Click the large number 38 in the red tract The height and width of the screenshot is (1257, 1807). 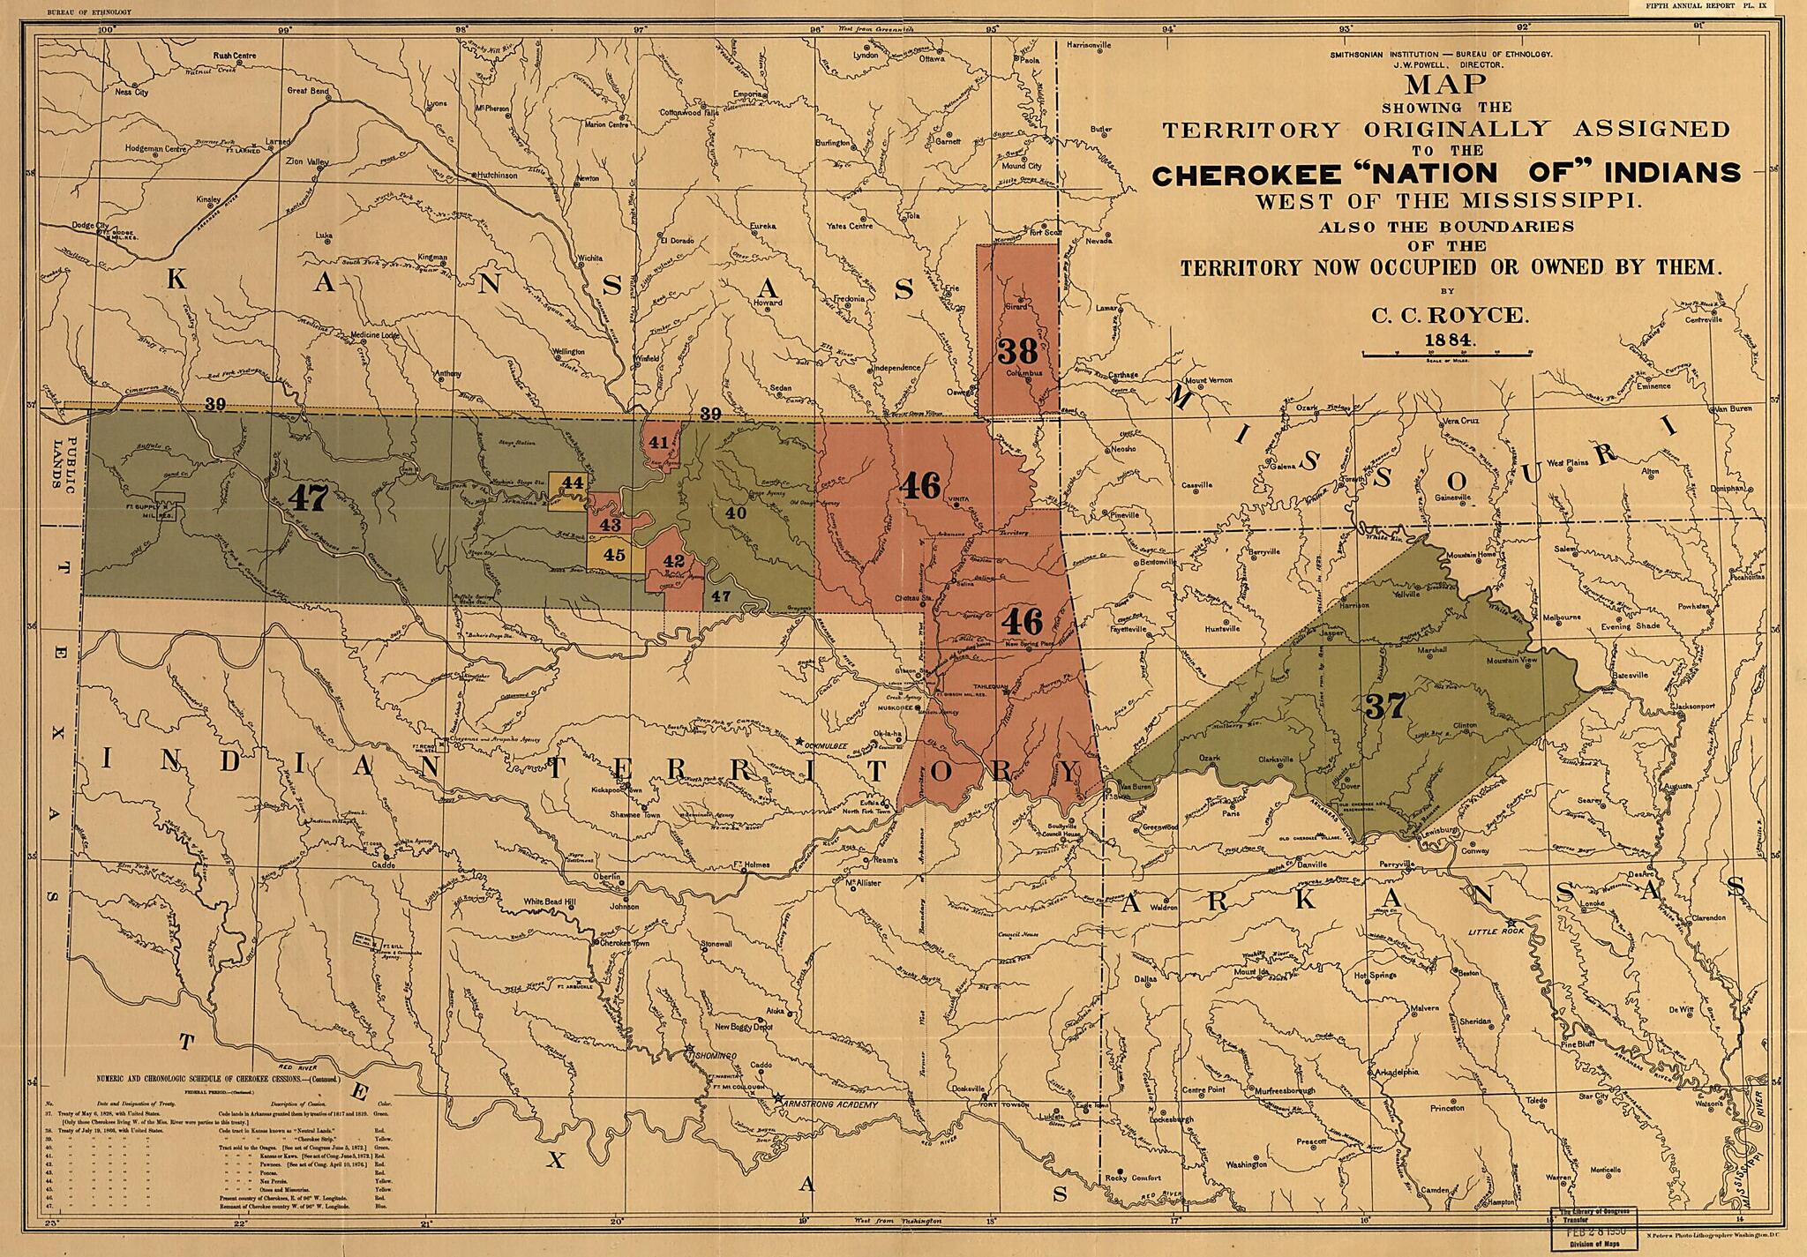click(x=1017, y=351)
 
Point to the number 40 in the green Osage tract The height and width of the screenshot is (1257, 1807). click(x=735, y=512)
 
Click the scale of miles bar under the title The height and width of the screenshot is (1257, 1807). click(x=1447, y=355)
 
